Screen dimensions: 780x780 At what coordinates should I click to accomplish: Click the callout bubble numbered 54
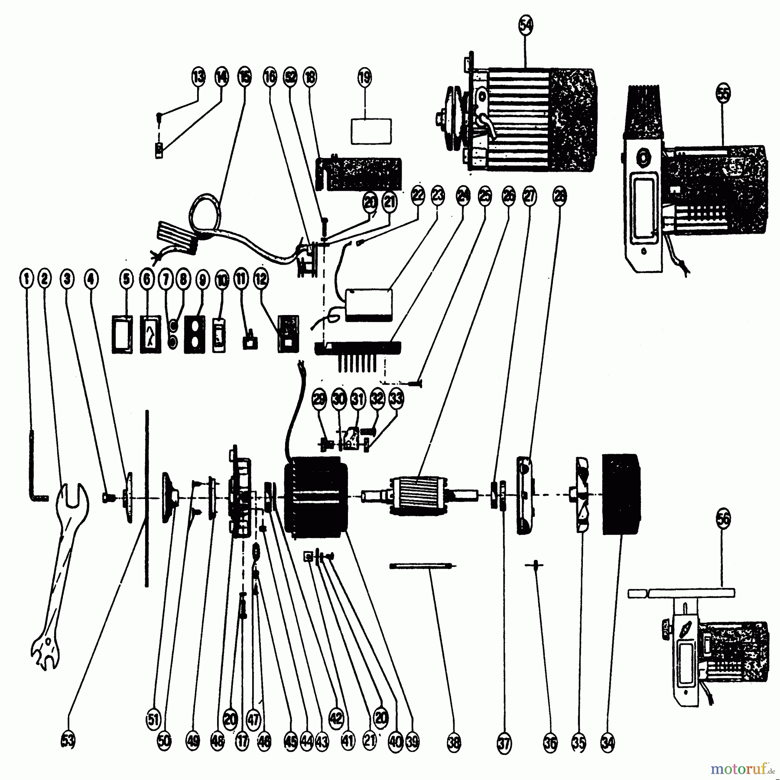(525, 26)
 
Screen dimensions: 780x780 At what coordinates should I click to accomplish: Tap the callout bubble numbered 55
(722, 93)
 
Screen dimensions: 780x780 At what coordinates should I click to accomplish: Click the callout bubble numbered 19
(364, 78)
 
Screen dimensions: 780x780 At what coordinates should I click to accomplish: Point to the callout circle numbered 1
(26, 279)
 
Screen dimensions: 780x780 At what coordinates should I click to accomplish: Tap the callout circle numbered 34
(608, 743)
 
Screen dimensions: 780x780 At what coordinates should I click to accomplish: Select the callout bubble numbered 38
(454, 743)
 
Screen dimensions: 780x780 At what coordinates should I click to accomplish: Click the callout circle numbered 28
(559, 196)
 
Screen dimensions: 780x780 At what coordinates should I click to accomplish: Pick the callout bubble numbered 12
(261, 279)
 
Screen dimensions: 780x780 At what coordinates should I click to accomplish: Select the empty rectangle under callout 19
(371, 131)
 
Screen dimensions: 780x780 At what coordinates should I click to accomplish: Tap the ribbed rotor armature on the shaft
(419, 495)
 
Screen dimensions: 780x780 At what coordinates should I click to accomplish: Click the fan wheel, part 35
(581, 494)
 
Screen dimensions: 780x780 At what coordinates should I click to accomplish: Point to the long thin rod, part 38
(420, 565)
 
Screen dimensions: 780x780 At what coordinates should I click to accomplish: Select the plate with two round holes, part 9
(195, 334)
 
